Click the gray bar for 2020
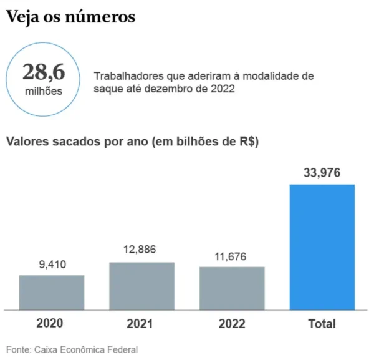click(52, 292)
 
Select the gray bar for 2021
click(142, 286)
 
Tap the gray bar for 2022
click(232, 288)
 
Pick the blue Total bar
click(322, 247)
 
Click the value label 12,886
click(141, 250)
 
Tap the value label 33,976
click(322, 173)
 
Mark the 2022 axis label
click(232, 324)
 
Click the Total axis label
click(322, 324)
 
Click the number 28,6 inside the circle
click(44, 73)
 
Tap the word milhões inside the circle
click(44, 91)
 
